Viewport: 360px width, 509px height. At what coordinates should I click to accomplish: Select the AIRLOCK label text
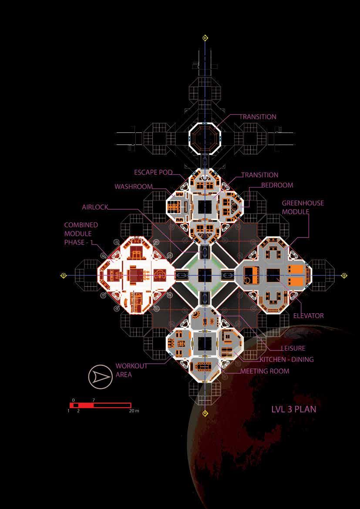(x=95, y=207)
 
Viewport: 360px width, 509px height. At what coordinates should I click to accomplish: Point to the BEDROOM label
(x=277, y=185)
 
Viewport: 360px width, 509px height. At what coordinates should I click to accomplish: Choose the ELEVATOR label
(x=308, y=315)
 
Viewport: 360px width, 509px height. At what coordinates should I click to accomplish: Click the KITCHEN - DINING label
(x=286, y=359)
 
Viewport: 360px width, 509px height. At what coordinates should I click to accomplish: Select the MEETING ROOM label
(x=265, y=371)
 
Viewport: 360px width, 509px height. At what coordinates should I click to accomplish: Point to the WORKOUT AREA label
(x=131, y=370)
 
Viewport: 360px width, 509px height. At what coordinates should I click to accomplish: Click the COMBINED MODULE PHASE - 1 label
(x=81, y=234)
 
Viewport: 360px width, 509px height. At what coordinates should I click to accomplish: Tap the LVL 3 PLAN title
(x=294, y=409)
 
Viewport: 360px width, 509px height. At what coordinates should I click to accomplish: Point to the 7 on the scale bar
(x=94, y=399)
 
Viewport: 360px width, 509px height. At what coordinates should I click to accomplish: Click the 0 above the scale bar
(x=73, y=399)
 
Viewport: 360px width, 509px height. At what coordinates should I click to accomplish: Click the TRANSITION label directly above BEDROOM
(x=259, y=175)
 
